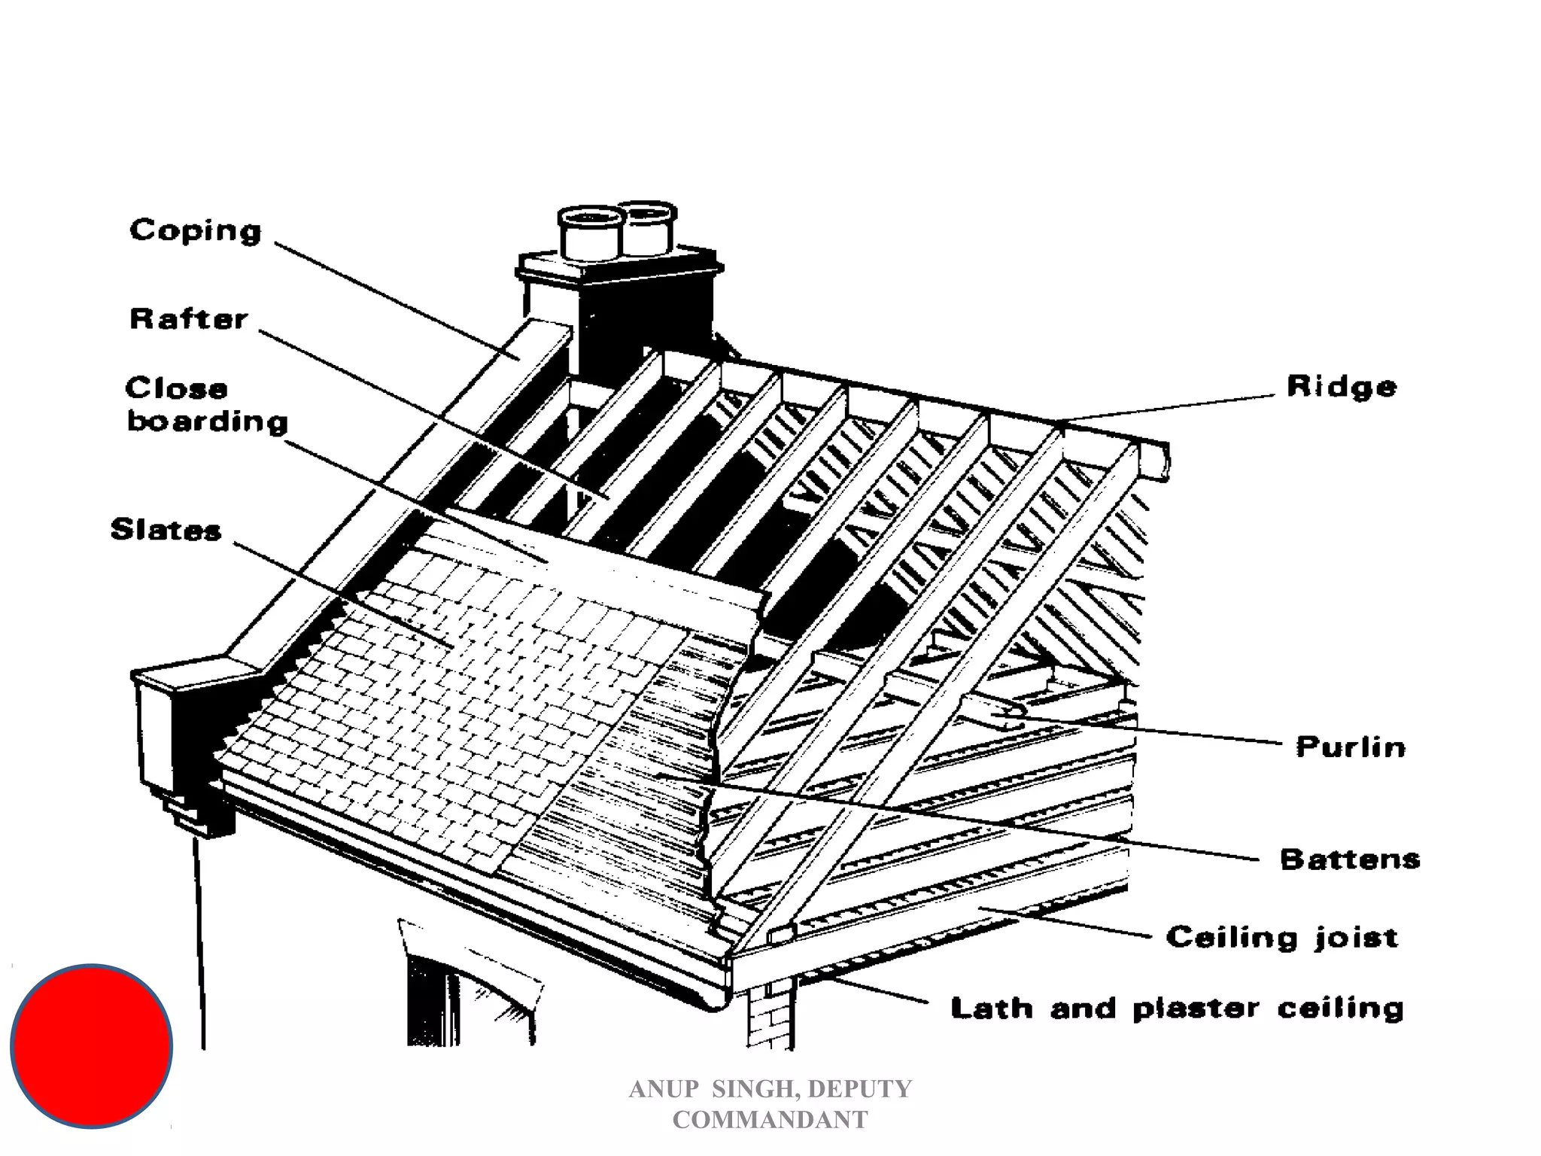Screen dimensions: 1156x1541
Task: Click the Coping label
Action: coord(196,230)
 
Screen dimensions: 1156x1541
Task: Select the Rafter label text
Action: coord(188,319)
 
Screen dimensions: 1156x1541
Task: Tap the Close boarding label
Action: coord(206,405)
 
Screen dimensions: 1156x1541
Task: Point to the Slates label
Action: coord(166,530)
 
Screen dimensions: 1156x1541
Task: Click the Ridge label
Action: coord(1342,387)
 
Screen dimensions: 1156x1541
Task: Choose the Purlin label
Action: coord(1351,747)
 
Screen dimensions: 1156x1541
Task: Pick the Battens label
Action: coord(1350,859)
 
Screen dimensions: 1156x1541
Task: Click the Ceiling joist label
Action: coord(1282,937)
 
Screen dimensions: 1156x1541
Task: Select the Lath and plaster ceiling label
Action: coord(1178,1008)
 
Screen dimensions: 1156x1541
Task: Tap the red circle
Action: coord(92,1046)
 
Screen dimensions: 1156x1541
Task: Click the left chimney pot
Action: coord(591,233)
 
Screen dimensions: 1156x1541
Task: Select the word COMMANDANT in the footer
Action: coord(770,1120)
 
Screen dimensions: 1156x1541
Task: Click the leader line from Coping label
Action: coord(391,297)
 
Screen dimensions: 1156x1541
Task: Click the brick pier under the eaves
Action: coord(769,1016)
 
